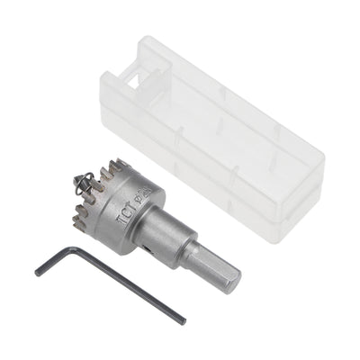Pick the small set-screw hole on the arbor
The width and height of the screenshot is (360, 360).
pyautogui.click(x=170, y=244)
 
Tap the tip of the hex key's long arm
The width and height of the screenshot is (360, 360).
pyautogui.click(x=184, y=322)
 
